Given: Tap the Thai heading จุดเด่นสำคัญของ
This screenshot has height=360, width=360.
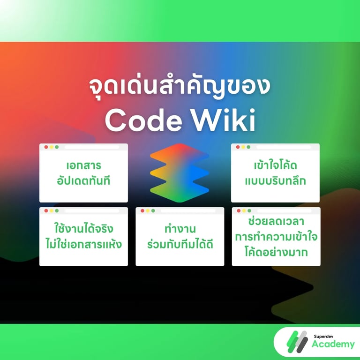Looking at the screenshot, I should coord(180,88).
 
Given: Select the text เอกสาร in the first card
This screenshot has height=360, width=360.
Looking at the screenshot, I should coord(83,166).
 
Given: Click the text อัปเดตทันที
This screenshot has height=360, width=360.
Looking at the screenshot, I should coord(83,181).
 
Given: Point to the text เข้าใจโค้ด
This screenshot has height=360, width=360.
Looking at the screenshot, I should coord(276,166).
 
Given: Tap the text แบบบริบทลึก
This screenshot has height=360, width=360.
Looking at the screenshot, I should coord(276,181).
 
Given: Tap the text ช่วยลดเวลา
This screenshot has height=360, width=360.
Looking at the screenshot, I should coord(276,221).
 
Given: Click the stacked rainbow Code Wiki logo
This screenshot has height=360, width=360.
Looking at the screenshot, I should coord(180,172).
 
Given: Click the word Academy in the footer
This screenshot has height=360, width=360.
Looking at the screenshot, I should coord(333,345).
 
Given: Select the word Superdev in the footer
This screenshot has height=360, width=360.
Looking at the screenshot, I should coord(325,336).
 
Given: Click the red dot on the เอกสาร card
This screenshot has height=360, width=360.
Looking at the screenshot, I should coord(46,147).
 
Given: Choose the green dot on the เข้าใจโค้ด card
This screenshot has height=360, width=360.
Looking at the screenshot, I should coord(249,147).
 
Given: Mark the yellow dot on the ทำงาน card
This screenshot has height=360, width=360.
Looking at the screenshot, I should coord(148,211).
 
